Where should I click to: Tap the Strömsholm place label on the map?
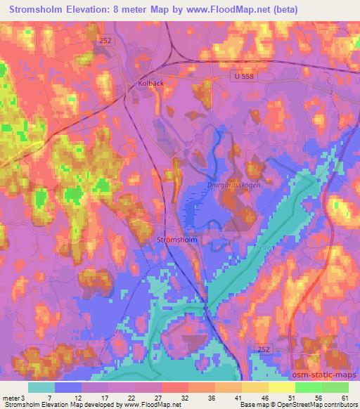pos(176,239)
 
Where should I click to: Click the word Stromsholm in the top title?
pos(34,10)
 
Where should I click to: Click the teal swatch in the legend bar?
pos(41,387)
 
